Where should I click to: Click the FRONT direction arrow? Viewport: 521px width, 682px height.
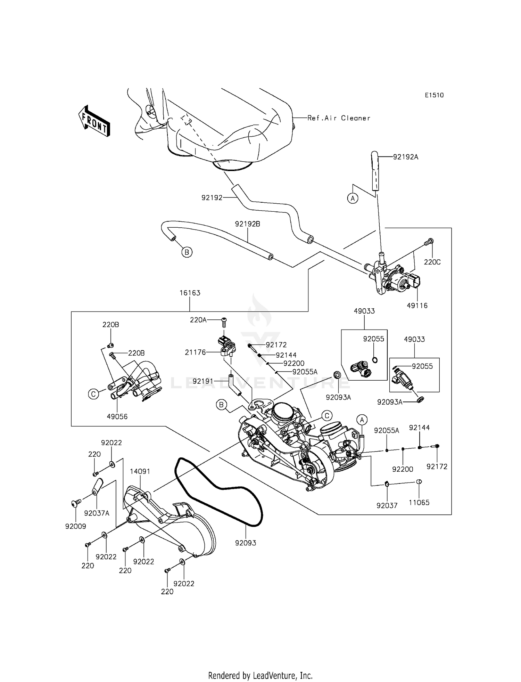click(94, 121)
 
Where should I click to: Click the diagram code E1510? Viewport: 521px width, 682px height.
click(434, 95)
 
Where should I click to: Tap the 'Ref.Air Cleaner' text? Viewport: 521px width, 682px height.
click(339, 118)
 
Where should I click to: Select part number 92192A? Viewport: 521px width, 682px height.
click(405, 157)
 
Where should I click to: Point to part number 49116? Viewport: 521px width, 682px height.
click(417, 306)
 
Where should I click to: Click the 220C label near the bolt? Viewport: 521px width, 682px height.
click(432, 262)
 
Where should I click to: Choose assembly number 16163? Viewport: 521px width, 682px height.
click(190, 293)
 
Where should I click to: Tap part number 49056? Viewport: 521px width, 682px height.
click(117, 416)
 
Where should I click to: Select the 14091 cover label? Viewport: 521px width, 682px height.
click(140, 472)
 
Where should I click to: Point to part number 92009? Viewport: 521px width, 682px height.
click(75, 526)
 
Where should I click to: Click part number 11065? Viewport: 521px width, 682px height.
click(419, 502)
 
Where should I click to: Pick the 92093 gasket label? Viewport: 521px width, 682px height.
click(246, 543)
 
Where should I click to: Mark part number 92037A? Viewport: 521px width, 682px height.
click(97, 513)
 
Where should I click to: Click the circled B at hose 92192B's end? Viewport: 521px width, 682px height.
click(187, 252)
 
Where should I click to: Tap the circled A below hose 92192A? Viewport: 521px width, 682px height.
click(353, 198)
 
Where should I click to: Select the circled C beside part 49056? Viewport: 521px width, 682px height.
click(93, 394)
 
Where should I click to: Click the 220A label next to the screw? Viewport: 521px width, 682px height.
click(198, 320)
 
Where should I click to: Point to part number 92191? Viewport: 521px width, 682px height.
click(203, 381)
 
